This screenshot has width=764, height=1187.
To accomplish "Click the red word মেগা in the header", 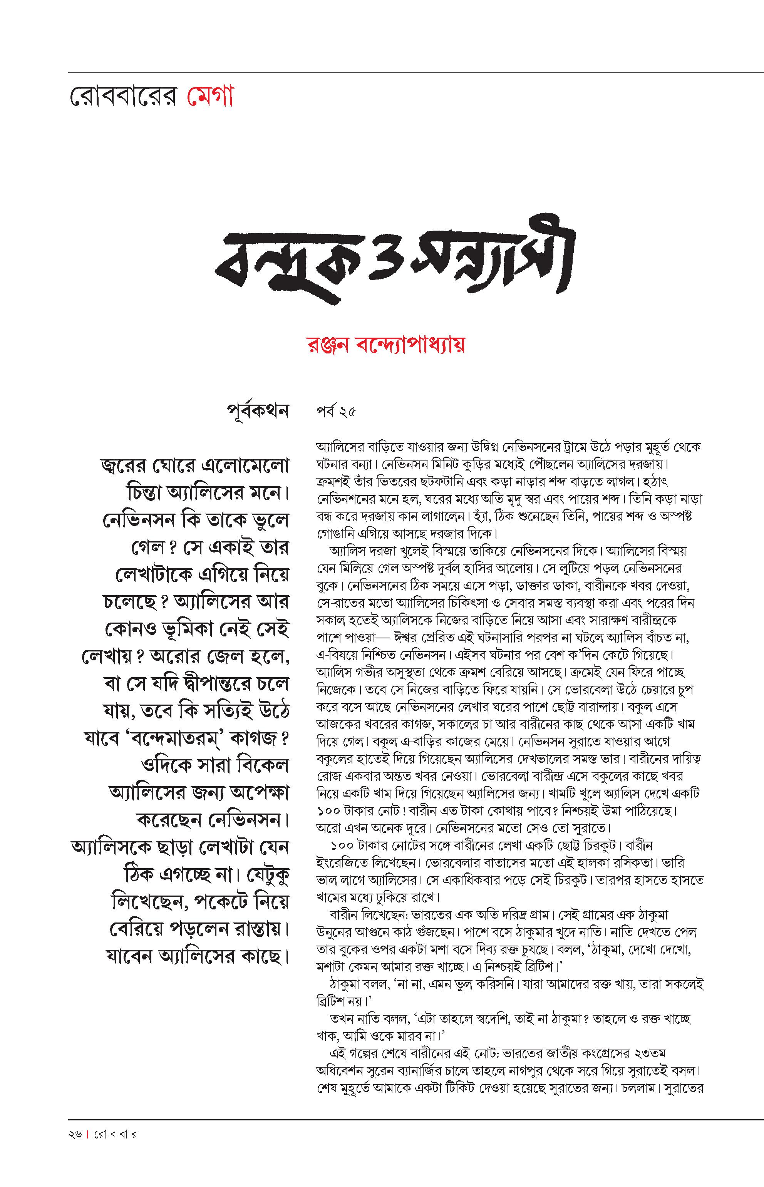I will [x=210, y=96].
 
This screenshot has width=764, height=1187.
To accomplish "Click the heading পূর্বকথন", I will [x=258, y=412].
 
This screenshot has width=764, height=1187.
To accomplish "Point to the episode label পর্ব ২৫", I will [x=336, y=413].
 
